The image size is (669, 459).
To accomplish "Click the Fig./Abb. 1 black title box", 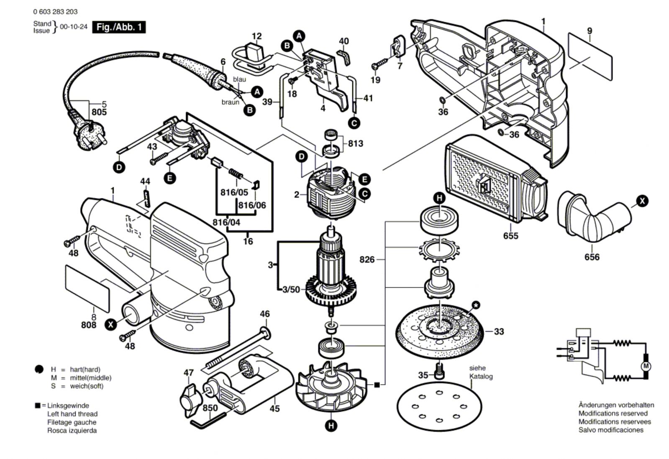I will point(119,27).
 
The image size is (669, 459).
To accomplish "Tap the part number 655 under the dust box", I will point(510,236).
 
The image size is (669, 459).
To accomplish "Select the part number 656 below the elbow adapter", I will point(592,257).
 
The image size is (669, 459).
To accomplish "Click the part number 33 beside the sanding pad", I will point(499,331).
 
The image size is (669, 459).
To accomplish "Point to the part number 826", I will point(367,260).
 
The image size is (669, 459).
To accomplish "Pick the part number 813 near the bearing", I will point(355,143).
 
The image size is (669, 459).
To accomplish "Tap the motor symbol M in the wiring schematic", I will point(646,367).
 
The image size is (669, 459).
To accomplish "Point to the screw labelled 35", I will point(439,370).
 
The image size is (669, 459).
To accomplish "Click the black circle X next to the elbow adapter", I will point(642,201).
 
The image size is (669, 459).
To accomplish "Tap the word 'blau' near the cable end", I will point(239,79).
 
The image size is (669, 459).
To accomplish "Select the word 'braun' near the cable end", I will point(231,102).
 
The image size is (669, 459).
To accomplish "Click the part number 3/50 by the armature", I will point(291,289).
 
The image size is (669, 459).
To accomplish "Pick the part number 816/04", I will point(226,222).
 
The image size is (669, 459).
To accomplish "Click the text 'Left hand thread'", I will point(72,414).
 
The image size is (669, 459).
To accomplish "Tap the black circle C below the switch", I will point(354,123).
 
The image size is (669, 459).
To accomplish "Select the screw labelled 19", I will point(380,65).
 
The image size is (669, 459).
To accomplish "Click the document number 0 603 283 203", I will point(55,12).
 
